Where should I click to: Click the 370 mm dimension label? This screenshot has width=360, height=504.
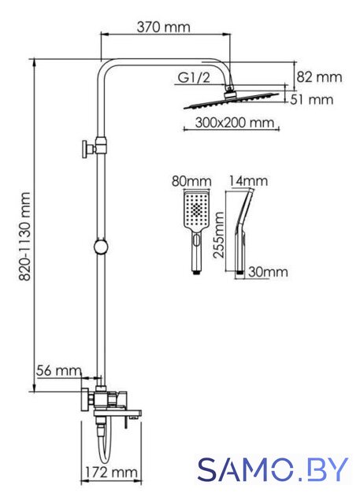click(163, 27)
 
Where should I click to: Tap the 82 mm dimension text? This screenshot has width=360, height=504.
click(319, 77)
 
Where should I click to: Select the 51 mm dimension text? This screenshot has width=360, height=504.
click(311, 99)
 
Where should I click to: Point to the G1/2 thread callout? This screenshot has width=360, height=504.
click(194, 77)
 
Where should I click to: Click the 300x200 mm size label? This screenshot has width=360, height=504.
click(235, 123)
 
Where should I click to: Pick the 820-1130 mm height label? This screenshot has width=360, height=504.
click(24, 236)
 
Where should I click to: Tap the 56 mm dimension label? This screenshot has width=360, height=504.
click(58, 371)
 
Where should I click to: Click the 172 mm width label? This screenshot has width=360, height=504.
click(111, 472)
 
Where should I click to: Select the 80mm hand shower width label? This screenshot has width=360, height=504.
click(191, 181)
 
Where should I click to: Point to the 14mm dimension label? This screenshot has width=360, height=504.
click(248, 181)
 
